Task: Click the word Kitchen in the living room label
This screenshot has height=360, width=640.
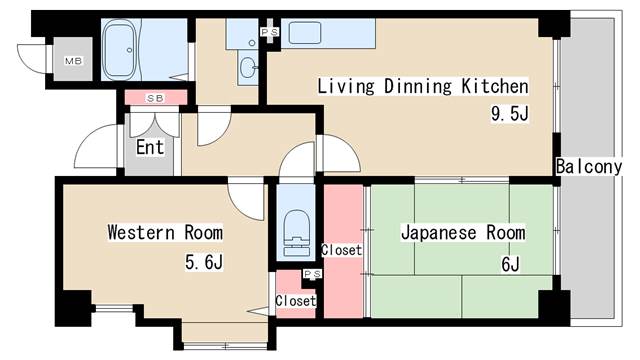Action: pos(489,86)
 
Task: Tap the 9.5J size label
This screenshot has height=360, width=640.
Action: pos(508,113)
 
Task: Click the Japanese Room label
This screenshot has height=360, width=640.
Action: pos(462,233)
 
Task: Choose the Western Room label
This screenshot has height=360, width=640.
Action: pos(165,233)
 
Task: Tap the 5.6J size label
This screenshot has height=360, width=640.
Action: pos(203,264)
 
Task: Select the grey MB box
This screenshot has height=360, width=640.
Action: pos(72,60)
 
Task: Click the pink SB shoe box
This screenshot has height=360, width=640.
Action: pos(155,98)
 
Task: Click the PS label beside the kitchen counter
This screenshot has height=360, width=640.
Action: pos(269,32)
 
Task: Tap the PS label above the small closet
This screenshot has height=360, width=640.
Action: pos(311,273)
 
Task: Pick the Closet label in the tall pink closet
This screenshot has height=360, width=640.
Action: pos(342,250)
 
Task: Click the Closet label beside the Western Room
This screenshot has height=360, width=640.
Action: pos(296,301)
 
